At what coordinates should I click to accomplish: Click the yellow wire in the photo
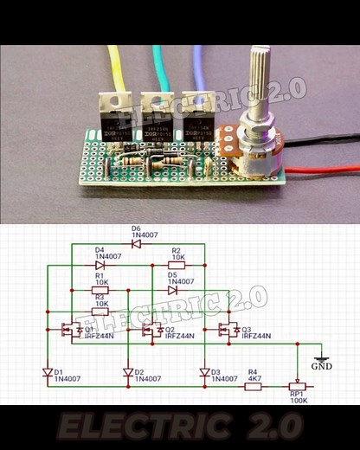[116, 69]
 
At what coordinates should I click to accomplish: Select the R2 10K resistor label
[177, 254]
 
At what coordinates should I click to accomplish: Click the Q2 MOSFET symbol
[150, 330]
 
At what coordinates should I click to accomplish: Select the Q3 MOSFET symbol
[228, 330]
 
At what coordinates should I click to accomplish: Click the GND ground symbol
[321, 360]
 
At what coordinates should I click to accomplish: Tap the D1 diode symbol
[48, 373]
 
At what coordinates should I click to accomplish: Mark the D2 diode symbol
[127, 373]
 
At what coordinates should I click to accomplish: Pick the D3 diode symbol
[204, 373]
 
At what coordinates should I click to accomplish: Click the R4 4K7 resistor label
[254, 375]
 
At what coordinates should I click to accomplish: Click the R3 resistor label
[101, 300]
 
